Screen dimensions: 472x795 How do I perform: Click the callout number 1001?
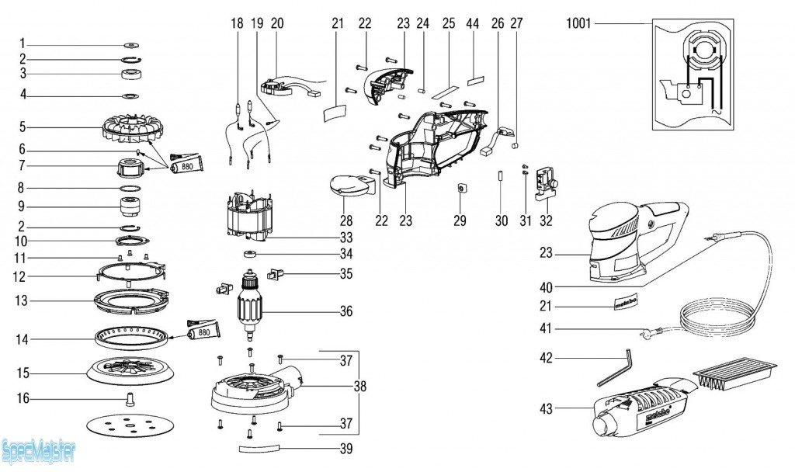tap(578, 23)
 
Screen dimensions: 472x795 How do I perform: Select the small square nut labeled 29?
tap(460, 188)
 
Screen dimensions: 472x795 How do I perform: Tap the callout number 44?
tap(473, 23)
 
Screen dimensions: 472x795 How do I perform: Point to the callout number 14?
tap(23, 339)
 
